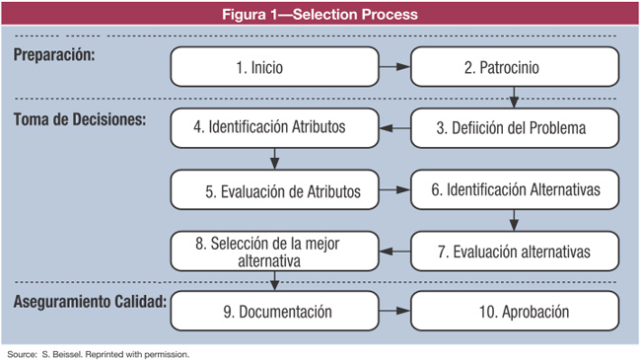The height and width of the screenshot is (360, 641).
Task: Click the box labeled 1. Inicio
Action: tap(274, 68)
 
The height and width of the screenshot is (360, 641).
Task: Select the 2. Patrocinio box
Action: tap(514, 68)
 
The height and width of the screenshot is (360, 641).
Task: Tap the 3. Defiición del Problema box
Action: tap(514, 127)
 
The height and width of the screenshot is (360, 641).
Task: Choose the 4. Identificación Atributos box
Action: tap(274, 127)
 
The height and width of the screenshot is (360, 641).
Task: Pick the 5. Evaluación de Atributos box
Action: tap(274, 189)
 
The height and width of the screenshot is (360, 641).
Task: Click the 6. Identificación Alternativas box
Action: tap(514, 189)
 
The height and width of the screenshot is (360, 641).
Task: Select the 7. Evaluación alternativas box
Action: tap(514, 252)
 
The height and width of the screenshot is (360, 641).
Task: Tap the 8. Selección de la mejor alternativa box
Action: tap(274, 252)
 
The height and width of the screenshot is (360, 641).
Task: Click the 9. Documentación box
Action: tap(274, 312)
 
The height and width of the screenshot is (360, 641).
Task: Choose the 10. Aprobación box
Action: tap(514, 312)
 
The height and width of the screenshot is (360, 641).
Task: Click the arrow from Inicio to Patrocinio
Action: tap(394, 68)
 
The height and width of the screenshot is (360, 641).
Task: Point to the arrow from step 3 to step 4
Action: tap(394, 127)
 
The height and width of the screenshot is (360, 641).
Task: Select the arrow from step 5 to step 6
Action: tap(394, 189)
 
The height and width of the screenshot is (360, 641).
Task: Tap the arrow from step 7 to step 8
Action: tap(394, 252)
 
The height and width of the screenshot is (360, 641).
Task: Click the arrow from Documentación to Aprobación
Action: tap(394, 312)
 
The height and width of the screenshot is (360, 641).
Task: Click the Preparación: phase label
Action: tap(55, 55)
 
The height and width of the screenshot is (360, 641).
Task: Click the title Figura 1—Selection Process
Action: tap(320, 14)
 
